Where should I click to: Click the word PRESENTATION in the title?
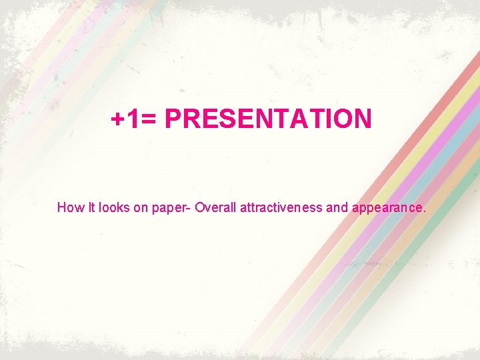tap(268, 119)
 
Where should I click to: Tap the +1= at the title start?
tap(134, 119)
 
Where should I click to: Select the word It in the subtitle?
tap(91, 207)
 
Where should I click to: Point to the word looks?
tap(115, 207)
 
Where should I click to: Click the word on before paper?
tap(141, 207)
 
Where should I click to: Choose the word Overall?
tap(218, 207)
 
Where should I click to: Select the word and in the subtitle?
tap(337, 207)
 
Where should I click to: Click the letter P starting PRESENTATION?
tap(173, 119)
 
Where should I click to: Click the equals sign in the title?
tap(149, 120)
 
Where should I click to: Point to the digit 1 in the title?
tap(133, 119)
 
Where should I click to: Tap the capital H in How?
tap(61, 207)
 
